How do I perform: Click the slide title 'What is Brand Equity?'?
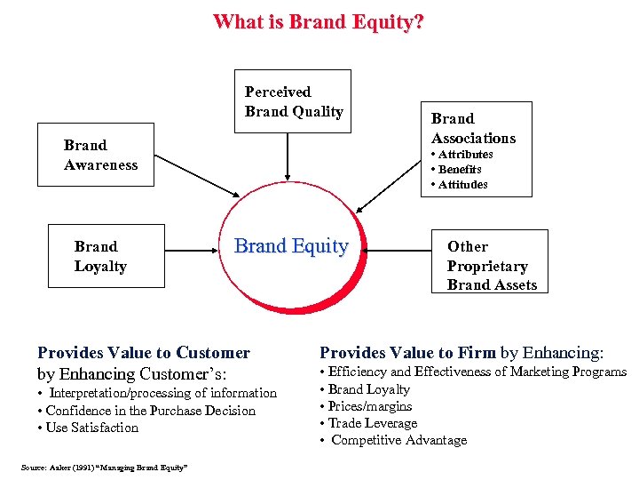pos(318,21)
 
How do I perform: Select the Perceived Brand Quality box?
pos(293,101)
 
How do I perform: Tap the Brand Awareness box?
pos(100,155)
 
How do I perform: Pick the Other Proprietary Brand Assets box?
pos(492,265)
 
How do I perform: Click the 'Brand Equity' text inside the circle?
pos(291,247)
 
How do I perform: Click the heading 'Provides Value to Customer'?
pos(144,353)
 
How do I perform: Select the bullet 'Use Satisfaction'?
pos(91,428)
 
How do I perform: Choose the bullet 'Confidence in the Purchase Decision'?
pos(150,411)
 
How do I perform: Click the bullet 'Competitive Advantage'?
pos(398,440)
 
